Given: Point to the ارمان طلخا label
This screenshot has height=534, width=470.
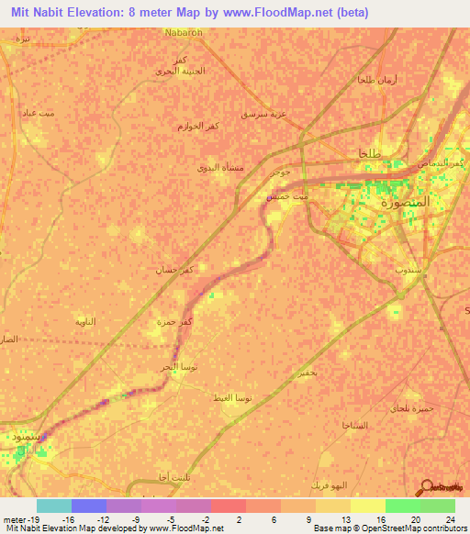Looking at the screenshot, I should point(375,82).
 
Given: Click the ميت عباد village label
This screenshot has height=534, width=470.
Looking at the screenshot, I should point(47,113).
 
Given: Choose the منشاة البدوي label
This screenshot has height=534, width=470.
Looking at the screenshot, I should point(218,168).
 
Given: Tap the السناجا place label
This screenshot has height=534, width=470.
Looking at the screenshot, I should point(354,427).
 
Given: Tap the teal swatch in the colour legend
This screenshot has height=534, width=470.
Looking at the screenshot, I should point(54,506).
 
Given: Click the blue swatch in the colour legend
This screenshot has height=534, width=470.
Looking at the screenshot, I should point(89,506).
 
